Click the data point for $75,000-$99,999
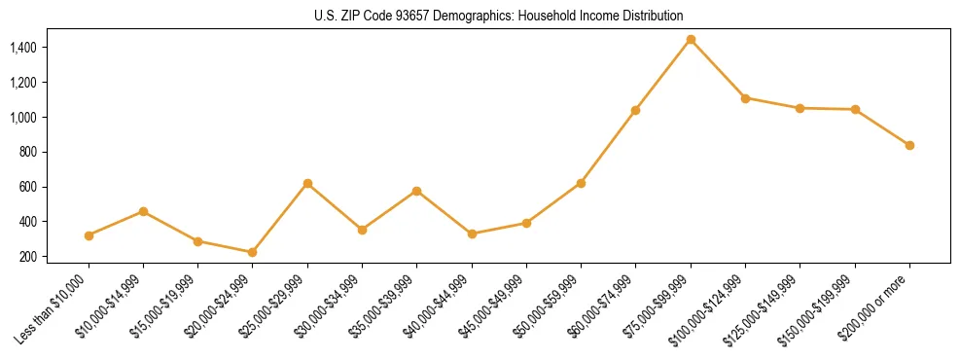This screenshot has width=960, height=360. click(x=691, y=40)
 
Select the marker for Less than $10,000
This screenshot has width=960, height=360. click(x=89, y=235)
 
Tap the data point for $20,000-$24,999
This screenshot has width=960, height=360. click(x=253, y=252)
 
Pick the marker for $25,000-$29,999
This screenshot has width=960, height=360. click(x=307, y=183)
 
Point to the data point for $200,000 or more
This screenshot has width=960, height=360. click(x=909, y=145)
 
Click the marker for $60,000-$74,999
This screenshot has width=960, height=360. click(x=636, y=110)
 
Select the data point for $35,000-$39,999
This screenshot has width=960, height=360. click(x=417, y=191)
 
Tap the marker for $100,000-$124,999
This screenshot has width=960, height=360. click(x=745, y=98)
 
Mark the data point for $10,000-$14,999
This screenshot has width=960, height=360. click(x=144, y=211)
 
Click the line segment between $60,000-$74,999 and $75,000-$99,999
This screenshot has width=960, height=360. click(x=663, y=75)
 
